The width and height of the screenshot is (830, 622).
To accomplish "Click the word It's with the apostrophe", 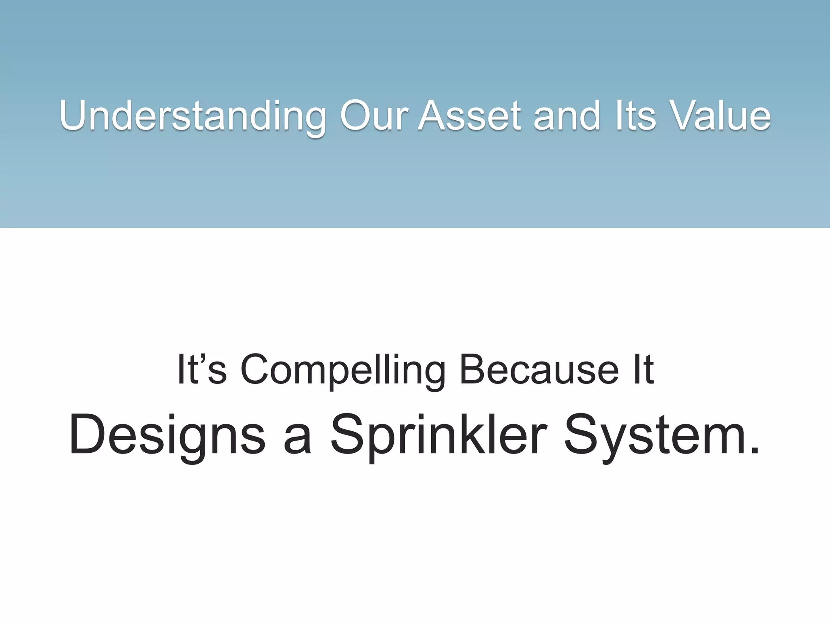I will (x=201, y=369).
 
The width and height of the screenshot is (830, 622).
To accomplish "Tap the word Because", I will (x=539, y=369).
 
